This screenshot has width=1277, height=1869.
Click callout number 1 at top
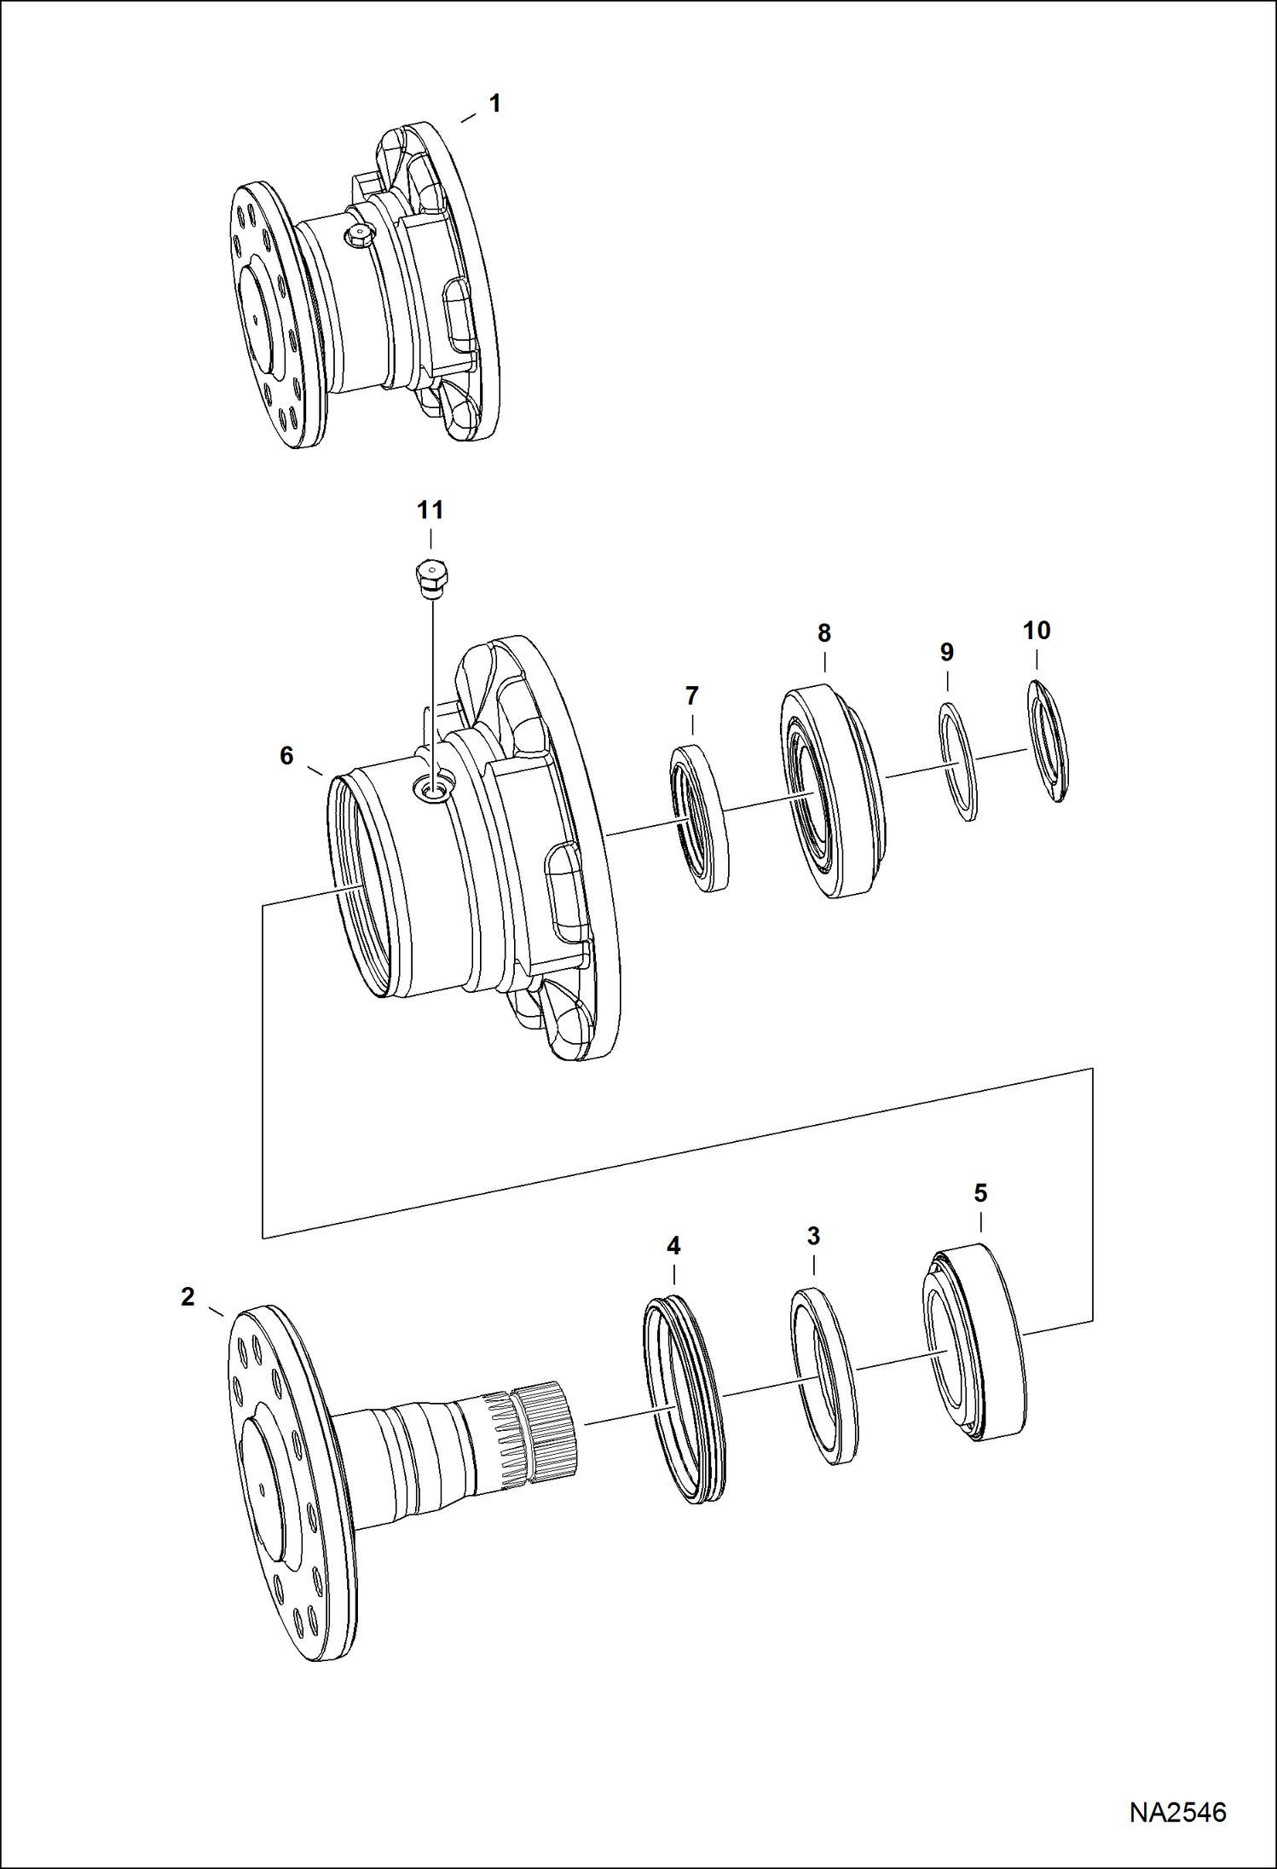coord(494,103)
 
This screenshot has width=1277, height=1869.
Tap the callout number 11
coord(430,511)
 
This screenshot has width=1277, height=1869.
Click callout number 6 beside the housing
coord(286,755)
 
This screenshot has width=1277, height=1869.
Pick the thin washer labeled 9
coord(958,761)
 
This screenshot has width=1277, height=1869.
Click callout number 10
coord(1036,631)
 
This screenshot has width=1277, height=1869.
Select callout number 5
coord(980,1193)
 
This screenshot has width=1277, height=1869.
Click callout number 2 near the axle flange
coord(188,1297)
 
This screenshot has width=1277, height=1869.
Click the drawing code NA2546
coord(1177,1812)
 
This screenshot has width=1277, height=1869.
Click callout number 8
coord(823,633)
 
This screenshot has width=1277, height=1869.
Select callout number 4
coord(673,1246)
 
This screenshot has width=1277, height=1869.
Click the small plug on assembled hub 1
coord(358,235)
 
